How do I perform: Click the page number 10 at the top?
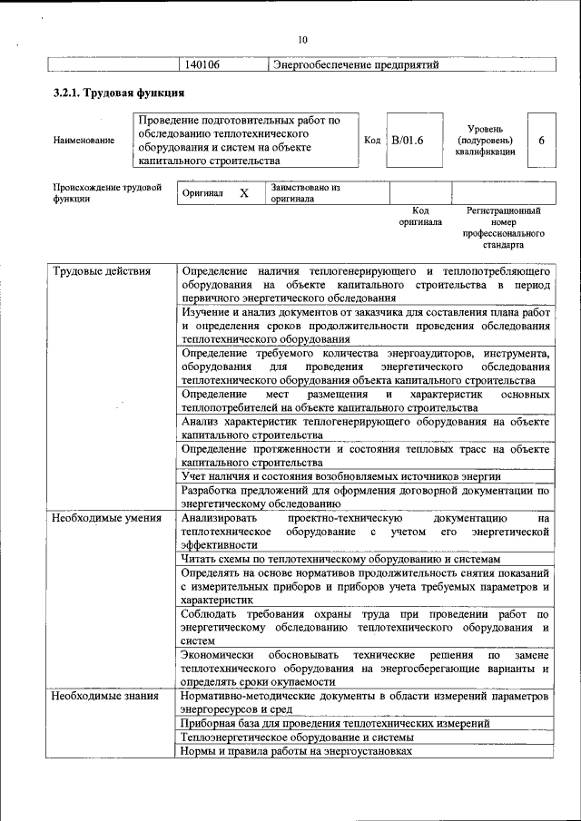tap(302, 39)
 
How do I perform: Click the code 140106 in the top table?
tap(202, 65)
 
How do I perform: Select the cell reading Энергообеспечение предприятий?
tap(356, 65)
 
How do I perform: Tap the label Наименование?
tap(84, 141)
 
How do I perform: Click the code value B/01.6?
tap(408, 141)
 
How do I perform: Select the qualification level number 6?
tap(541, 141)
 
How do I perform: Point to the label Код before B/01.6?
tap(372, 141)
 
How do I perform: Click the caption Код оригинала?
tap(420, 216)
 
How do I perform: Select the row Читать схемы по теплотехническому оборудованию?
tap(340, 561)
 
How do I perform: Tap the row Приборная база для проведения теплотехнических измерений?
tap(336, 724)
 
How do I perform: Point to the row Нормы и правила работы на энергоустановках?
tap(296, 751)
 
